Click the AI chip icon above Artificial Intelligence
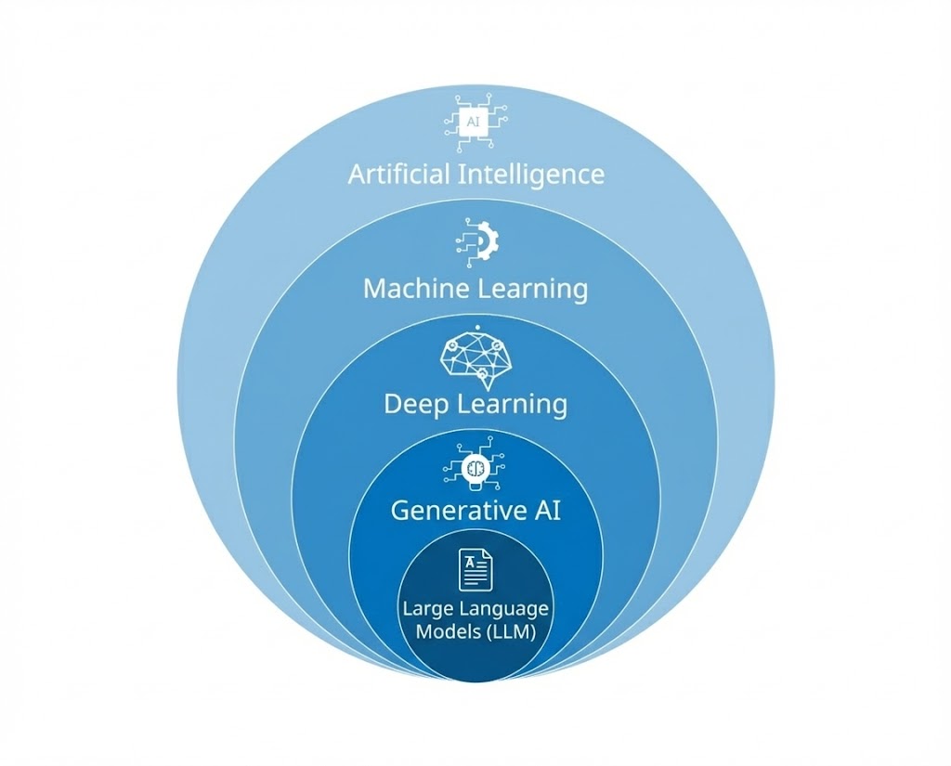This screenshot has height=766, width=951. pyautogui.click(x=475, y=123)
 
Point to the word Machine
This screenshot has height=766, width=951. pyautogui.click(x=415, y=288)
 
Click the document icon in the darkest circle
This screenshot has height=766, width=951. pyautogui.click(x=475, y=569)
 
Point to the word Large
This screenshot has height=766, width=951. pyautogui.click(x=425, y=609)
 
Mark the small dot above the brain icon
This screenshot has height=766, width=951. pyautogui.click(x=475, y=328)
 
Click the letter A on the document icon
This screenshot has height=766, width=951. pyautogui.click(x=471, y=562)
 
